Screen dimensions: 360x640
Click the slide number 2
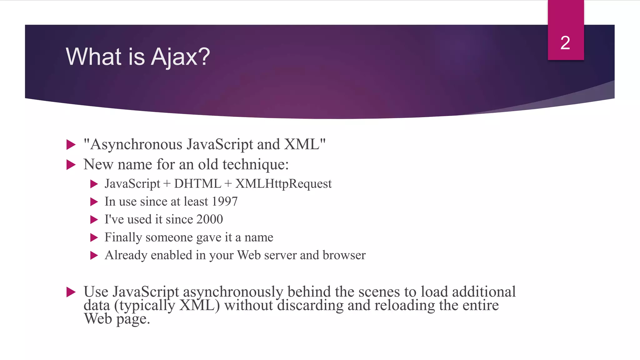tap(565, 43)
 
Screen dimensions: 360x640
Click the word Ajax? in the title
tap(180, 57)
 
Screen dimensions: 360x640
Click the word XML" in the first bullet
tap(305, 144)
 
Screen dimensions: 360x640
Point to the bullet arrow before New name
tap(71, 165)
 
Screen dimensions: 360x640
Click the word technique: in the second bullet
tap(255, 164)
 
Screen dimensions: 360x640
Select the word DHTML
tap(197, 184)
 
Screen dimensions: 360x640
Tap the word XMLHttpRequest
tap(283, 184)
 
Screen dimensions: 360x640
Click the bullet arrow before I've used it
tap(94, 220)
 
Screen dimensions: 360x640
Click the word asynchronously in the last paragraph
tap(233, 292)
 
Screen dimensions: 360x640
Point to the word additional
tap(484, 292)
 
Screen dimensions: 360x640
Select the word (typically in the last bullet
tap(145, 306)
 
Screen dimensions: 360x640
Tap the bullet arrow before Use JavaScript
tap(71, 292)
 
